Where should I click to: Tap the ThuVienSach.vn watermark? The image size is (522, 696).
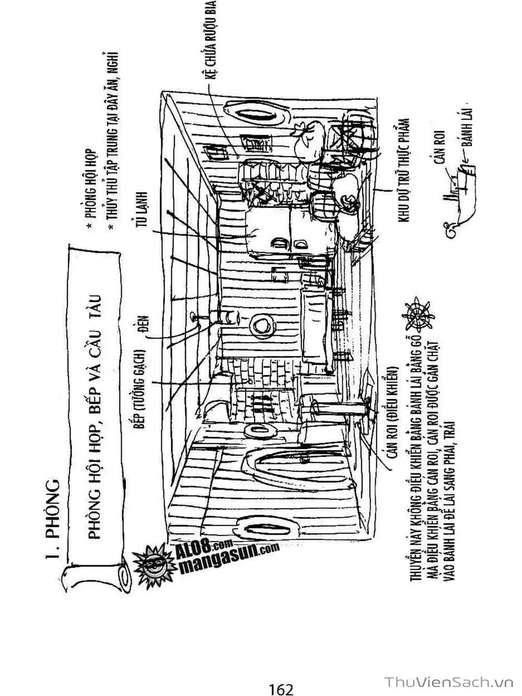pos(449,682)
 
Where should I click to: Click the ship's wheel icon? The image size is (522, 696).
pos(418,314)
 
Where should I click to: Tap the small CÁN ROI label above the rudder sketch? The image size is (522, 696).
pos(439,149)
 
